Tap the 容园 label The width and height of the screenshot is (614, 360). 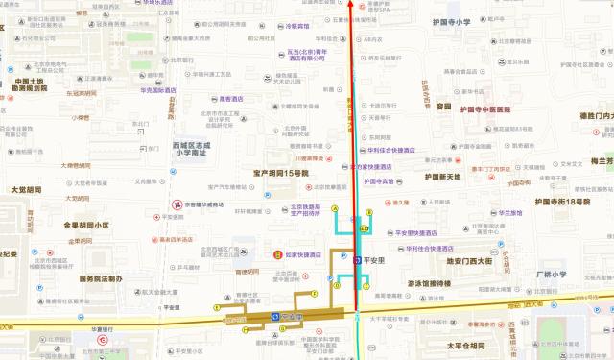443,107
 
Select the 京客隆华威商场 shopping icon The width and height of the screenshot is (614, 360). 177,204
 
